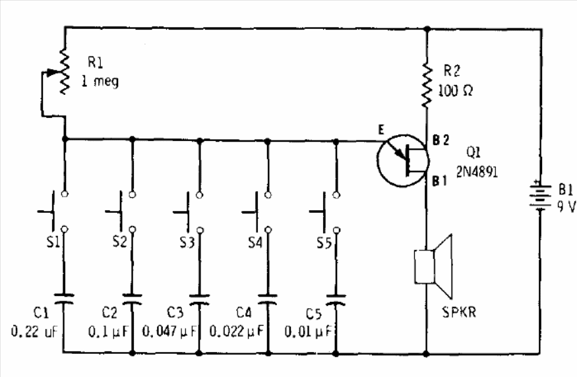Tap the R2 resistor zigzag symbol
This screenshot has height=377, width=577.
point(427,85)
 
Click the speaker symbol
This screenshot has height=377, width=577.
point(433,267)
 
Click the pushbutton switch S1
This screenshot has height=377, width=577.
point(53,212)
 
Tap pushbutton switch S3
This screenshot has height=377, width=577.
point(189,212)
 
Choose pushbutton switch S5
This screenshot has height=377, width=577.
point(324,212)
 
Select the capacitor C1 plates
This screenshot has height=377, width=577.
point(64,299)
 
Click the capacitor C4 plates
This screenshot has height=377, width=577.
point(268,299)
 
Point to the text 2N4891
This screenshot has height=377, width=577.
point(477,171)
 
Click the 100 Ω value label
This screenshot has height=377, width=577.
point(455,90)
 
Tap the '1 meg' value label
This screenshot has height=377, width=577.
point(100,81)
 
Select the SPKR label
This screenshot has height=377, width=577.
point(459,312)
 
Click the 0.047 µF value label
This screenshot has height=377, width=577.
point(169,332)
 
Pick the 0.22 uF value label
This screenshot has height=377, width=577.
point(34,332)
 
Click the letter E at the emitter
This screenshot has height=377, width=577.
point(381,129)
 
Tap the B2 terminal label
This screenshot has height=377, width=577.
point(440,140)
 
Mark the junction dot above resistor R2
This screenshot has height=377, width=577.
point(427,29)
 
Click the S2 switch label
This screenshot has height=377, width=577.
point(119,242)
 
